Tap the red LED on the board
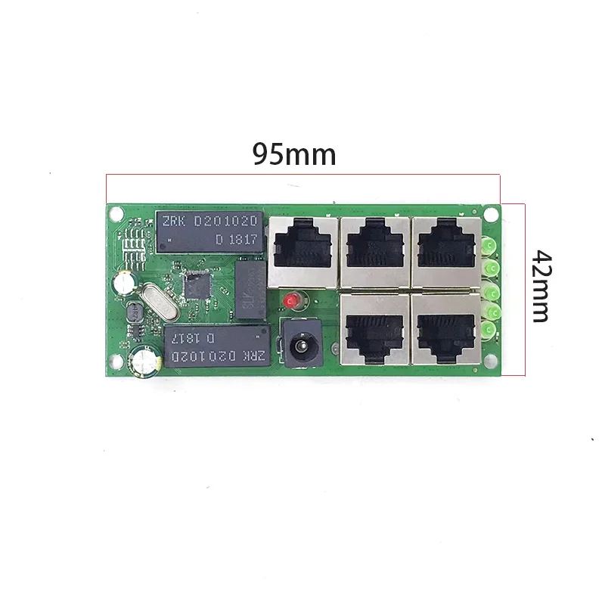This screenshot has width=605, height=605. click(x=290, y=301)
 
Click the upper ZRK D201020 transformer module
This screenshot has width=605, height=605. click(x=209, y=230)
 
